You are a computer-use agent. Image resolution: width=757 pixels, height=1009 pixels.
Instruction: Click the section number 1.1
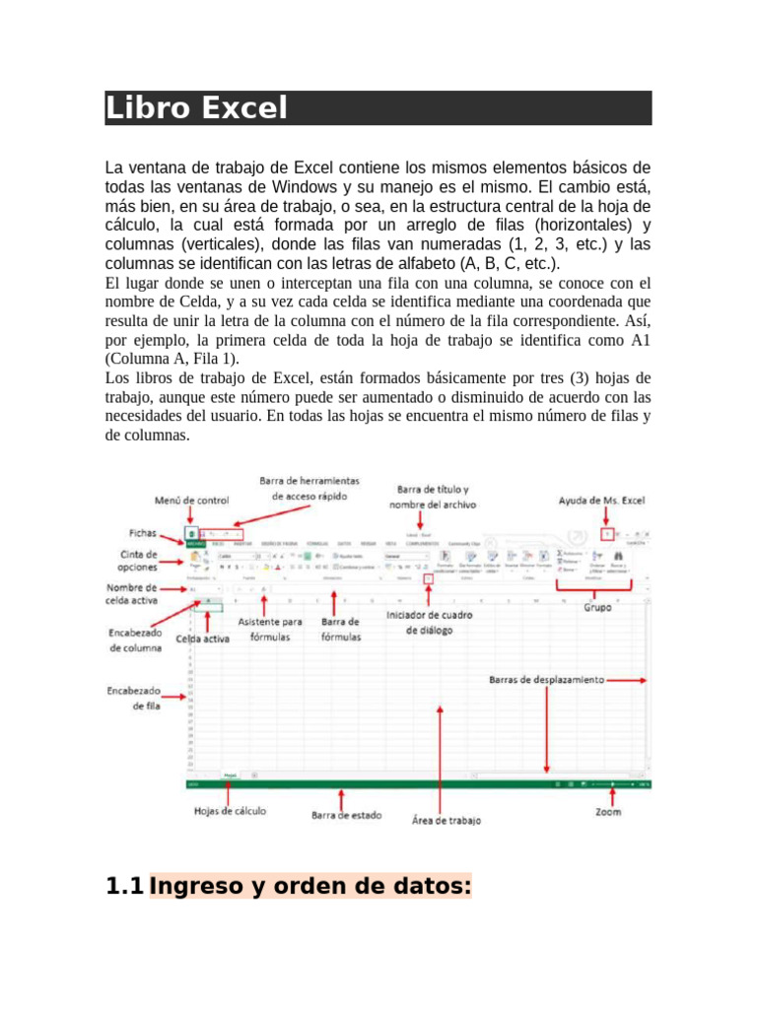click(124, 887)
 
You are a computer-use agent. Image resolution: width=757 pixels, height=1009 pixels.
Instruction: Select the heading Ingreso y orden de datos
click(310, 887)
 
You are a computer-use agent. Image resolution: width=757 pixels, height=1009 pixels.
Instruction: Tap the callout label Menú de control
click(191, 501)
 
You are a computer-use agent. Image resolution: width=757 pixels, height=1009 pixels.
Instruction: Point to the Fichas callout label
click(146, 532)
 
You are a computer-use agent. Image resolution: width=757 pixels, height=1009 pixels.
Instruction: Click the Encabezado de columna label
click(135, 640)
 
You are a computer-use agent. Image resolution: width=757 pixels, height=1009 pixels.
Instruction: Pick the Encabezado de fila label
click(134, 699)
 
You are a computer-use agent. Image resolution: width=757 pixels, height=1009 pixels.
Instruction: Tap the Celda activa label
click(203, 639)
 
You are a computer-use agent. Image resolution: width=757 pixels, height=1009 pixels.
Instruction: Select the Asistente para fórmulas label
click(270, 629)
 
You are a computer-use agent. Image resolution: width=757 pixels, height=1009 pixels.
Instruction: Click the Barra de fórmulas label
click(340, 629)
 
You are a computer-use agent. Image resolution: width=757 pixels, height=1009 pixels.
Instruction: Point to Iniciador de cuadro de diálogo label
click(429, 623)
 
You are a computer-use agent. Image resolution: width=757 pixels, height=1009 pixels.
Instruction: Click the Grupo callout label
click(596, 608)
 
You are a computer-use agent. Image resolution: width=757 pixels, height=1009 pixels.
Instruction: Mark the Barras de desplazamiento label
click(547, 679)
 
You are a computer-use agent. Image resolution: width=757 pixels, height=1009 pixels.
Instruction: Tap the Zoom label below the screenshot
click(608, 812)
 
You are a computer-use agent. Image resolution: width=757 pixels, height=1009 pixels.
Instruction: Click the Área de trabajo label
click(446, 820)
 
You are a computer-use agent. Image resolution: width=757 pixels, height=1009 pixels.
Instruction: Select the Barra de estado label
click(346, 816)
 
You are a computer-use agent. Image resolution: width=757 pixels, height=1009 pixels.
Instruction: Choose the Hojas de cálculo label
click(230, 810)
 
